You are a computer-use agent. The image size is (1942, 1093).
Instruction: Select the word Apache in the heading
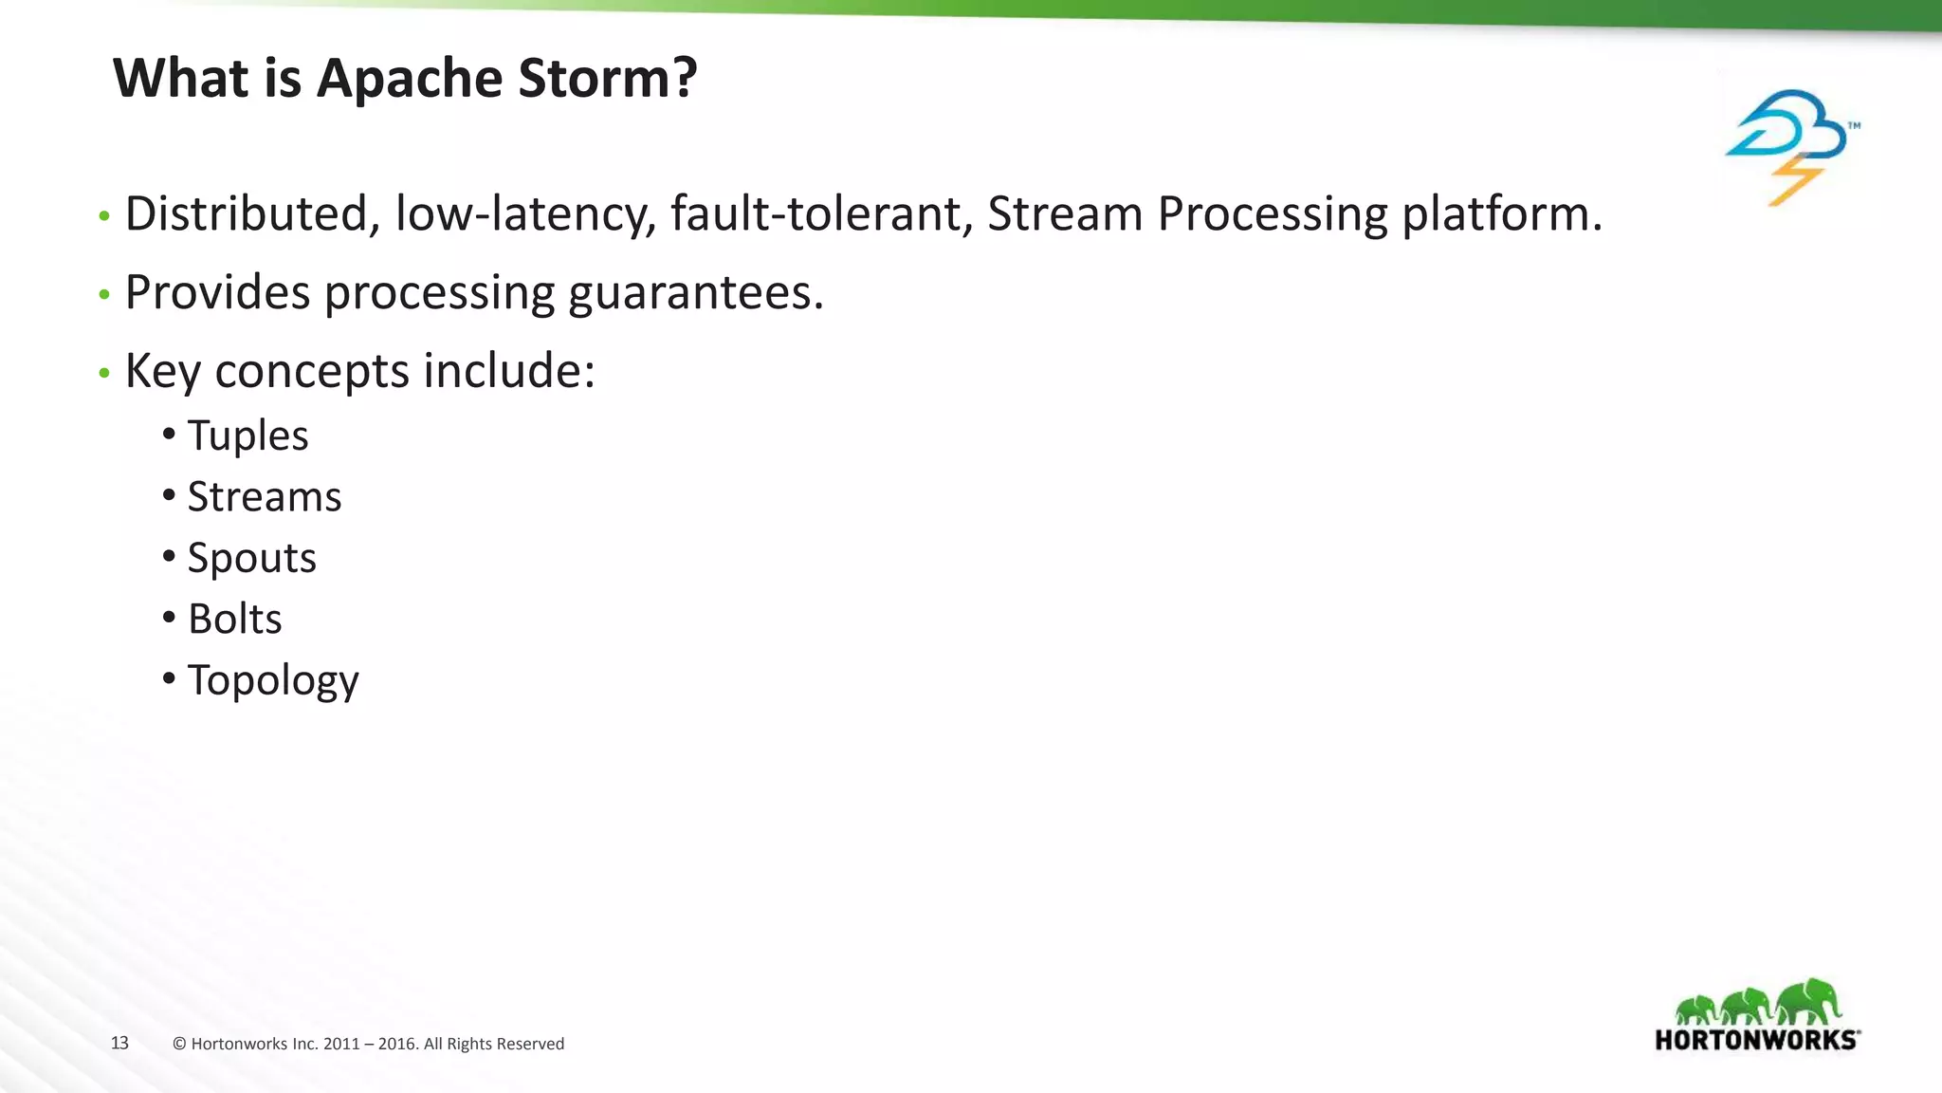pyautogui.click(x=411, y=78)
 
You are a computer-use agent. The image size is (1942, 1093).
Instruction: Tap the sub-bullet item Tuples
pyautogui.click(x=247, y=436)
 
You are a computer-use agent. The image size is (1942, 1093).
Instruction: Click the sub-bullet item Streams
pyautogui.click(x=265, y=497)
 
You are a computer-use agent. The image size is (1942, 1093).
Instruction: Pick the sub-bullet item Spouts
pyautogui.click(x=251, y=558)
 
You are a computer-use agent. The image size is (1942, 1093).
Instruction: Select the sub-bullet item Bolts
pyautogui.click(x=235, y=620)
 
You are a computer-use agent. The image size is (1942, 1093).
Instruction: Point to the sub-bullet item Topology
pyautogui.click(x=273, y=680)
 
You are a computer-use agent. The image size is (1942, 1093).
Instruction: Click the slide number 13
pyautogui.click(x=119, y=1044)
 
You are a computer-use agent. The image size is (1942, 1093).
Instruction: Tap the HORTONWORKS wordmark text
pyautogui.click(x=1755, y=1040)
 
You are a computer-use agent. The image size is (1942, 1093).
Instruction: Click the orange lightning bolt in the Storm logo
pyautogui.click(x=1794, y=180)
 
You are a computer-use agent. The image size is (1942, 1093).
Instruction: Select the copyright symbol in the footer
pyautogui.click(x=179, y=1045)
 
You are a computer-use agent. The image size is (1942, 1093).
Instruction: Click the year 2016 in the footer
pyautogui.click(x=396, y=1045)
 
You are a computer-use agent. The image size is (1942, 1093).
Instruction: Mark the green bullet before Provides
pyautogui.click(x=104, y=295)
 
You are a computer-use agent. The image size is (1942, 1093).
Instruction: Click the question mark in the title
pyautogui.click(x=685, y=78)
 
